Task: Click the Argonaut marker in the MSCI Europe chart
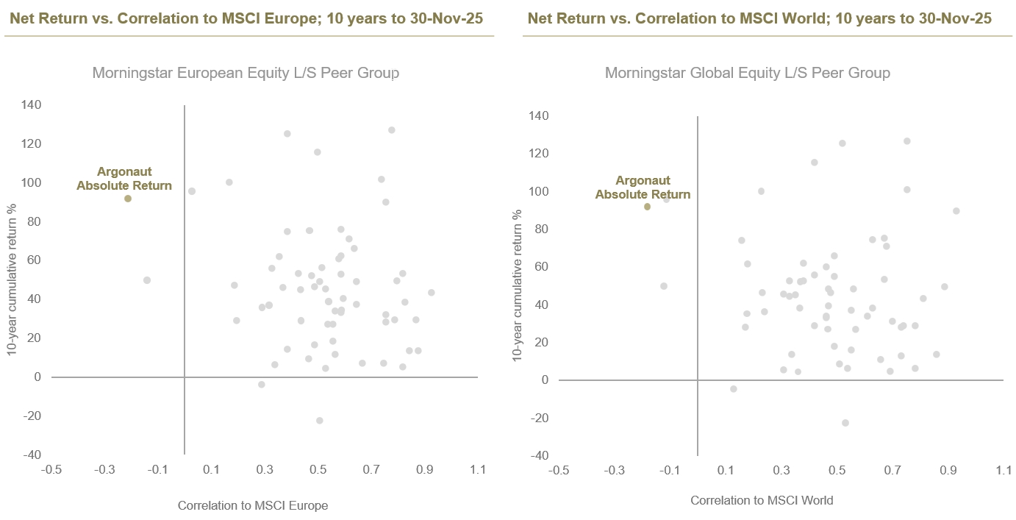pos(128,199)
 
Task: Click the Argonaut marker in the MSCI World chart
pos(647,207)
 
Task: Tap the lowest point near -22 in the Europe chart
pos(319,421)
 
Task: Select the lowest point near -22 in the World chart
pos(845,423)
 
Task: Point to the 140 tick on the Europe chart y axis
pos(31,105)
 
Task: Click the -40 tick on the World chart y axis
pos(540,456)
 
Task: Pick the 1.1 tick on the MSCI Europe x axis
pos(479,469)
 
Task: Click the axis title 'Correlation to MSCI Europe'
pos(253,505)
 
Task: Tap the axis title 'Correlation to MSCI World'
pos(762,501)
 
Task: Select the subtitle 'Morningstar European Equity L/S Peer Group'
pos(246,73)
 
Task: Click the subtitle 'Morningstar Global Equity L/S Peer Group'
pos(748,73)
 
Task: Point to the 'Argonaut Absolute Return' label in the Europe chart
pos(124,179)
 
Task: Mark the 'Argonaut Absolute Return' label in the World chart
pos(643,188)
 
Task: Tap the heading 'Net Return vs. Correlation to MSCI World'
pos(759,18)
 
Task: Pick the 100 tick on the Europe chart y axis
pos(31,182)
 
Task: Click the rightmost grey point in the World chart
pos(956,211)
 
